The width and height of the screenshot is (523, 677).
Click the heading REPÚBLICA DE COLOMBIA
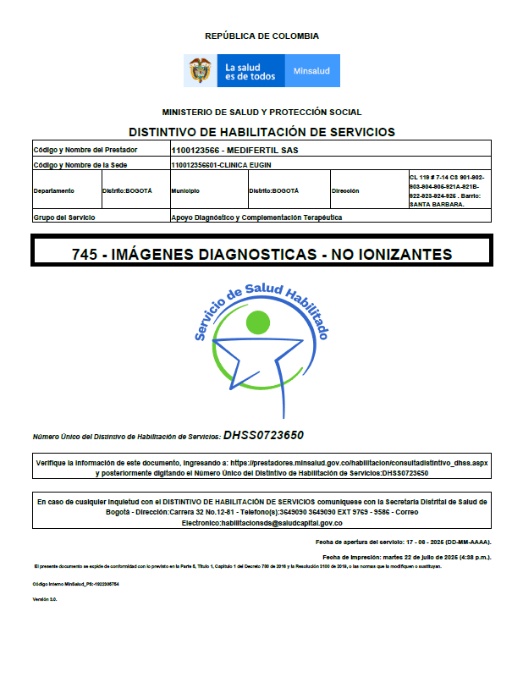click(x=261, y=36)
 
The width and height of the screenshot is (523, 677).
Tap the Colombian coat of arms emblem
click(x=201, y=70)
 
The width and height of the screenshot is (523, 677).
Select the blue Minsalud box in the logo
click(x=312, y=71)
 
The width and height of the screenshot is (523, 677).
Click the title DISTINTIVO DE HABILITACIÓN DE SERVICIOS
click(x=261, y=132)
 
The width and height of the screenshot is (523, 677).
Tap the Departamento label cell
click(x=54, y=191)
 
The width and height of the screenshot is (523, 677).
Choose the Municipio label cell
click(x=189, y=191)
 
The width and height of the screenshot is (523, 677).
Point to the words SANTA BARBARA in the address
click(x=436, y=205)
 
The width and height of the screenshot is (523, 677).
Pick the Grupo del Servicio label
click(x=63, y=217)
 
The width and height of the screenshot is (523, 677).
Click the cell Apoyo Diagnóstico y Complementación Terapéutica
click(x=256, y=217)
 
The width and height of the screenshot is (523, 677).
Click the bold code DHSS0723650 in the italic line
click(x=263, y=436)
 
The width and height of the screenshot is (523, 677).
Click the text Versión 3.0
click(x=44, y=599)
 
